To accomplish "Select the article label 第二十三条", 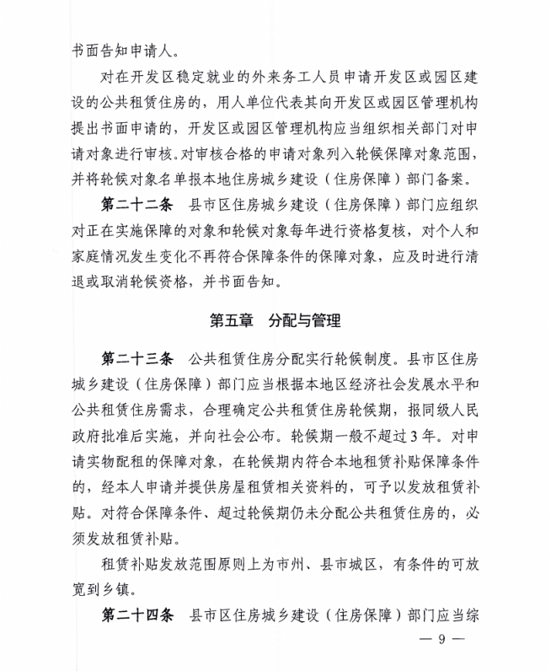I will click(136, 358).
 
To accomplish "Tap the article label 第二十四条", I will click(136, 615).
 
